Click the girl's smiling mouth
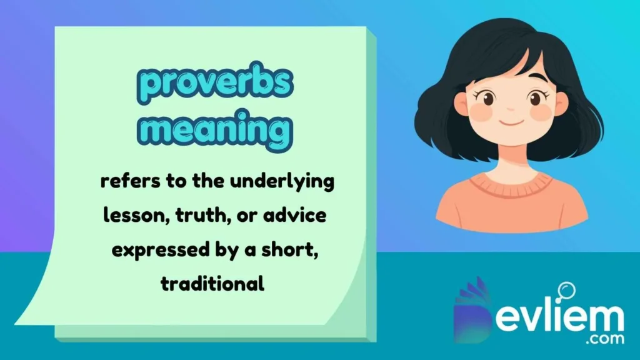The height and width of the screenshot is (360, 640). [511, 121]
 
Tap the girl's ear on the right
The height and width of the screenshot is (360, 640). [561, 104]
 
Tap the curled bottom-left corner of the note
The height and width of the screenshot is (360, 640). [31, 312]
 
